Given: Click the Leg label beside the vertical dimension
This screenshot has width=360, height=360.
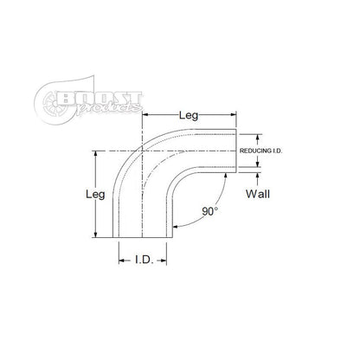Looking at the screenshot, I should pyautogui.click(x=95, y=195).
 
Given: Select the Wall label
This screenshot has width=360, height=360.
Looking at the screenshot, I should pyautogui.click(x=259, y=194).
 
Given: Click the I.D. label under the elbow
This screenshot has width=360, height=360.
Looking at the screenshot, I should pyautogui.click(x=145, y=259).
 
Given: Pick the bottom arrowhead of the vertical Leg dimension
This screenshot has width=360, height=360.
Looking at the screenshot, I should pyautogui.click(x=96, y=236).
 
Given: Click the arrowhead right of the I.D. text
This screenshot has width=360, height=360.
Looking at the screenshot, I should pyautogui.click(x=173, y=259).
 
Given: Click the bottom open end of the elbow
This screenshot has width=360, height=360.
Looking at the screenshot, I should pyautogui.click(x=146, y=238).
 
